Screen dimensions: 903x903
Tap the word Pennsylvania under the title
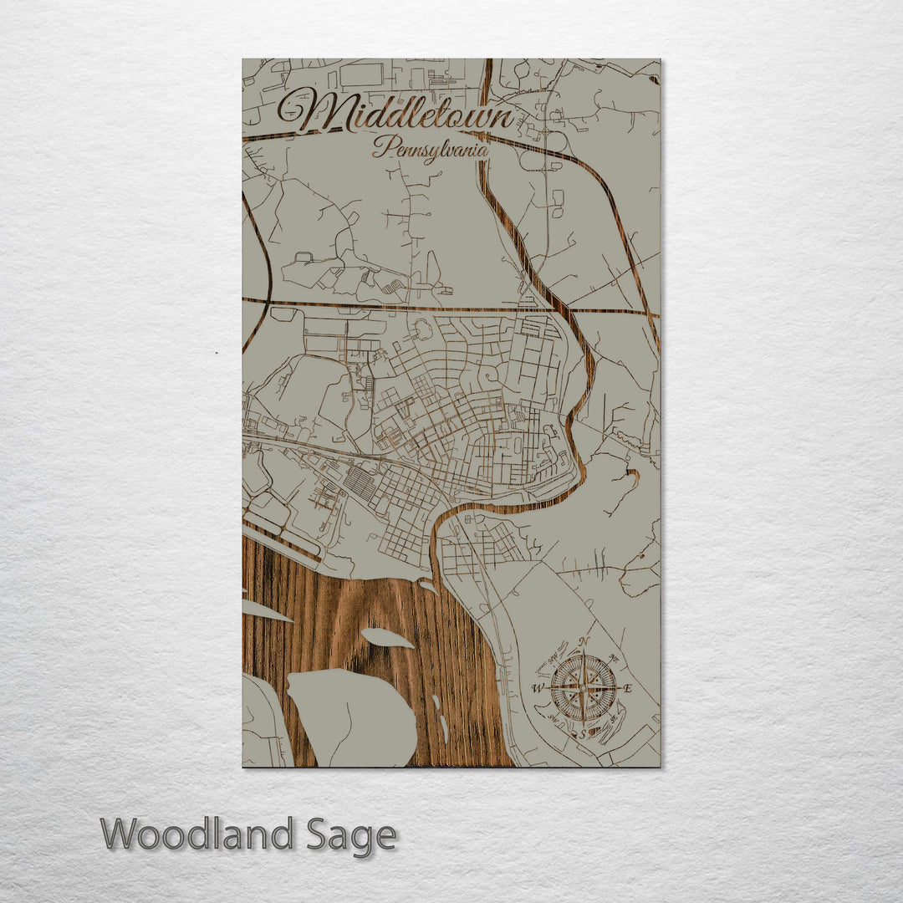(x=431, y=149)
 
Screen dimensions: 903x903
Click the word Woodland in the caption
(x=196, y=834)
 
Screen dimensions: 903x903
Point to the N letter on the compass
(x=584, y=642)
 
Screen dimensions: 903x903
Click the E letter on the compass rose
(x=628, y=689)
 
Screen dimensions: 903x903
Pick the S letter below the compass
(x=584, y=734)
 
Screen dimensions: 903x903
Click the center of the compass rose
(x=584, y=688)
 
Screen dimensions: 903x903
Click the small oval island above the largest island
(x=386, y=637)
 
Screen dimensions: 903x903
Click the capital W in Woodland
(x=122, y=834)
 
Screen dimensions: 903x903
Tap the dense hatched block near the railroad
(x=361, y=483)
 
